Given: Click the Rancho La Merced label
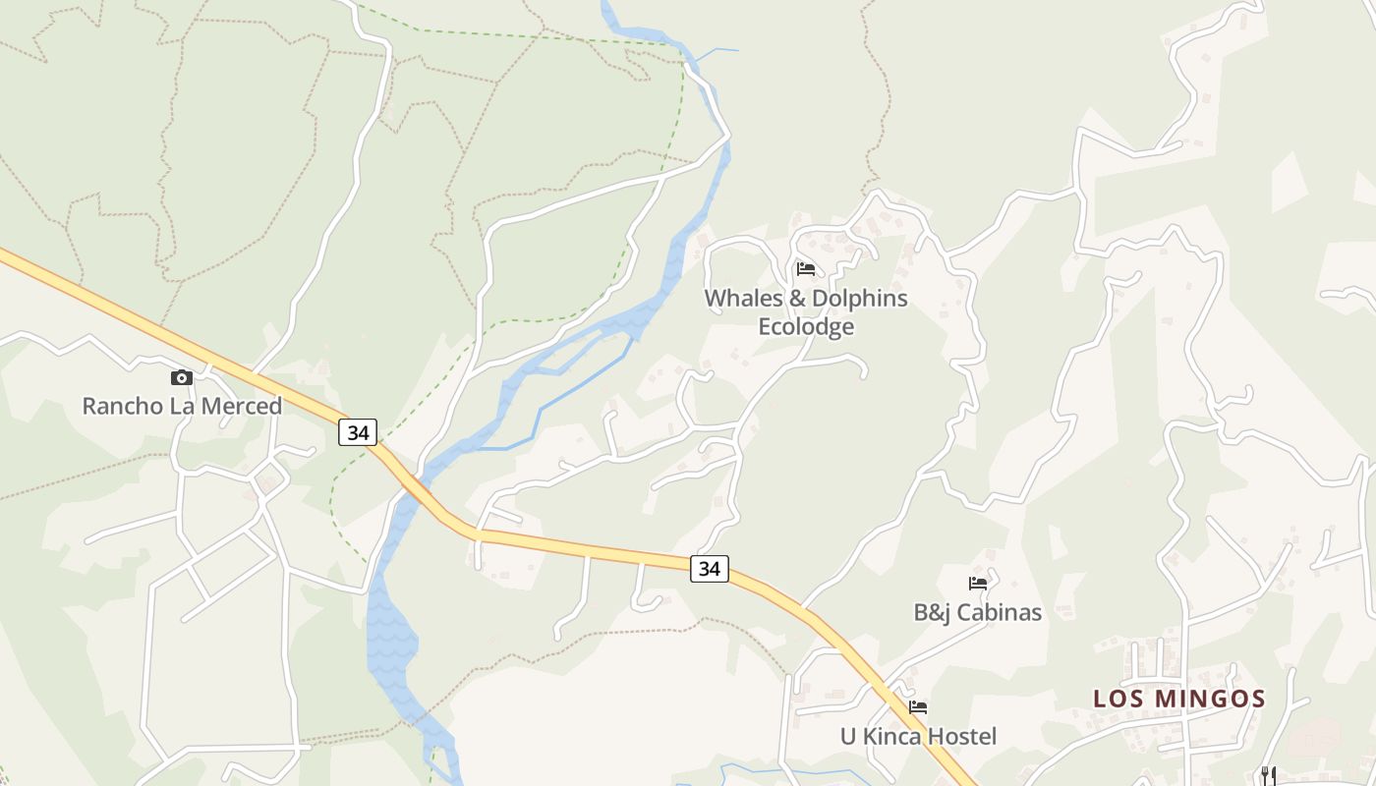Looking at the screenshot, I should (x=182, y=406).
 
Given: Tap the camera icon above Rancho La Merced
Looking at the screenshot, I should (x=181, y=377).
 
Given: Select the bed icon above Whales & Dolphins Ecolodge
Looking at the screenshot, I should (x=806, y=268).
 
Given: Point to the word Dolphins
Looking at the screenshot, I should (x=858, y=298).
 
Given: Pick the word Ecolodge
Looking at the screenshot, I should (x=806, y=326).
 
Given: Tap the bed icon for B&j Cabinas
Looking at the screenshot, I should (x=978, y=584).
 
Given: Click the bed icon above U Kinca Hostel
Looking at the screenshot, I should (x=918, y=706).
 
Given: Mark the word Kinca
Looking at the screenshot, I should (x=891, y=736).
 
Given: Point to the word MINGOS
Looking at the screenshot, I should (x=1210, y=700).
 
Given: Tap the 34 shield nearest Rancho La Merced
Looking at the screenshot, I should (x=358, y=431).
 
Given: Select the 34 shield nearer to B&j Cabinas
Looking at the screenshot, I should (x=709, y=568).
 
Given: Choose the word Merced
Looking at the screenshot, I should (x=245, y=406).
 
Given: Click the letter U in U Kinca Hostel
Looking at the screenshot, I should (x=848, y=736).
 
